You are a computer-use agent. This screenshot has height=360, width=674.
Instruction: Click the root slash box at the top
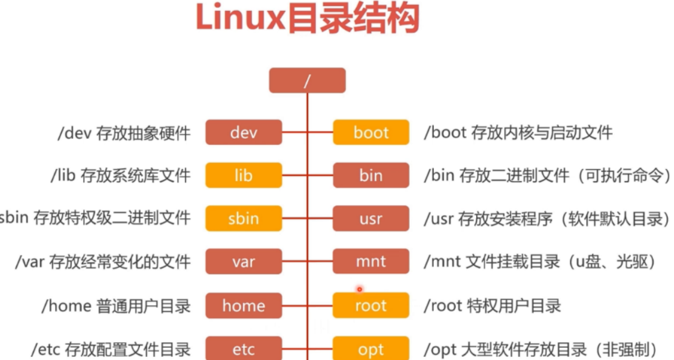point(307,81)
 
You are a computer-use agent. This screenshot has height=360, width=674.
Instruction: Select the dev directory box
point(244,132)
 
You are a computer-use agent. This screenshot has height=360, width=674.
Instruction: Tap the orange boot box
point(370,132)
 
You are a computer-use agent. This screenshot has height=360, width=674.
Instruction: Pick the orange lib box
point(244,176)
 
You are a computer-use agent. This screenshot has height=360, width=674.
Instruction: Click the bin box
point(370,176)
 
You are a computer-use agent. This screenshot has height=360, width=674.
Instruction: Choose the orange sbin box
point(244,219)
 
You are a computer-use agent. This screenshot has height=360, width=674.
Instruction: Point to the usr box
point(370,219)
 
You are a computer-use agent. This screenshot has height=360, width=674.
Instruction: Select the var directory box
point(244,262)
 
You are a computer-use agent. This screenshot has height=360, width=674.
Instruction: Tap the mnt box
point(370,262)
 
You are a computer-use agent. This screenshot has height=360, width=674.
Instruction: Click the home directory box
point(244,305)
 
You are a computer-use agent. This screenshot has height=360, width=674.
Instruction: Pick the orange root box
point(370,305)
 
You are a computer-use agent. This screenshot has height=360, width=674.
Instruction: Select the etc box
point(244,349)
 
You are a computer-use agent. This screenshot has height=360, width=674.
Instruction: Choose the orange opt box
point(370,349)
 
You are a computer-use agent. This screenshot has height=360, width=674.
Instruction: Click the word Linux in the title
point(240,19)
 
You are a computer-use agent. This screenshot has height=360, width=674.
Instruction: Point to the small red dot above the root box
point(359,289)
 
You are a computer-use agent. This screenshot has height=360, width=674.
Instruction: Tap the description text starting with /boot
point(518,132)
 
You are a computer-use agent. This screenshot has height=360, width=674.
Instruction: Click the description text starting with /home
point(116,306)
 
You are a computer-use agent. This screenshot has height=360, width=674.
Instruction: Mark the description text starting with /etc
point(111,350)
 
